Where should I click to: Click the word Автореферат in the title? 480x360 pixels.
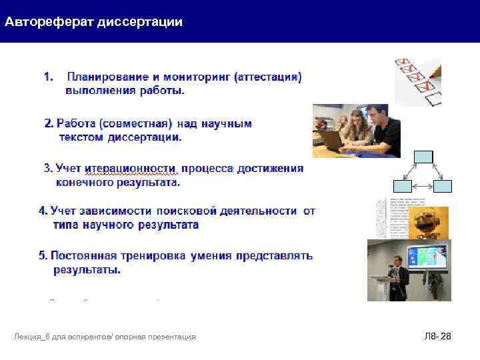pos(49,22)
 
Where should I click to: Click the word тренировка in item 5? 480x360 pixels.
pos(153,256)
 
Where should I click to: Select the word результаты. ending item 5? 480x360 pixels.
pos(87,271)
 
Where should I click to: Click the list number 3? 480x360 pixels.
pos(47,169)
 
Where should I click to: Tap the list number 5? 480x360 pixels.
pos(43,256)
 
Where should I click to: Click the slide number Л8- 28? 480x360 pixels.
pos(437,337)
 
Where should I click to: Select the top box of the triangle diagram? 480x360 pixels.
pos(423,158)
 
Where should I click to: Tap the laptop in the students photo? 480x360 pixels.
pos(331,138)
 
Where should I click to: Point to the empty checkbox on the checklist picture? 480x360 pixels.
pos(433,98)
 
